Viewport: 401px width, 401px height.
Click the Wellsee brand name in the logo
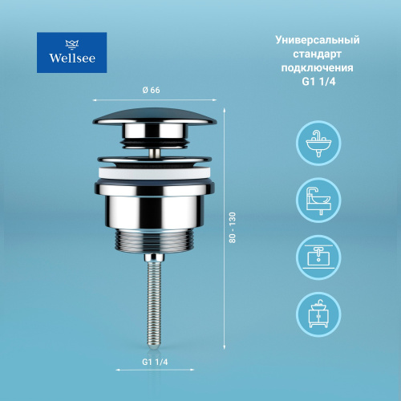[x=72, y=58]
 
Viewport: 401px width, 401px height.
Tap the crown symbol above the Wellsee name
[x=72, y=44]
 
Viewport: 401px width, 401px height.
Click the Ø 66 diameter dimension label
[x=151, y=90]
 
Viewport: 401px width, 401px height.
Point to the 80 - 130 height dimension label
[x=233, y=228]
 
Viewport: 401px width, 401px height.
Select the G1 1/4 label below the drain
[x=155, y=362]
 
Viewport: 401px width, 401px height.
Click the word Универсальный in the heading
[x=318, y=40]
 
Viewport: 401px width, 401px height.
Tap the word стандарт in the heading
[x=317, y=54]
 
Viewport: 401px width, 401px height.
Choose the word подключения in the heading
[x=317, y=68]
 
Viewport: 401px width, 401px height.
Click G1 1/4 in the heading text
[x=318, y=82]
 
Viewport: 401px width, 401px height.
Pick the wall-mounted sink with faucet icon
[x=318, y=143]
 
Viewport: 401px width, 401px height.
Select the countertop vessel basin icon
[x=318, y=200]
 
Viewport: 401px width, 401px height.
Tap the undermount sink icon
[x=318, y=257]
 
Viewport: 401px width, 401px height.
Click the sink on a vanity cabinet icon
[x=318, y=314]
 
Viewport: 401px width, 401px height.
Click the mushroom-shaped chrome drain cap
[x=155, y=117]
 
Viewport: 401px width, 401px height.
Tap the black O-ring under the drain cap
[x=156, y=143]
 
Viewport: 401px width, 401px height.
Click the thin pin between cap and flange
[x=155, y=153]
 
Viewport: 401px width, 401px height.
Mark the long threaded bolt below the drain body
[x=153, y=302]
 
